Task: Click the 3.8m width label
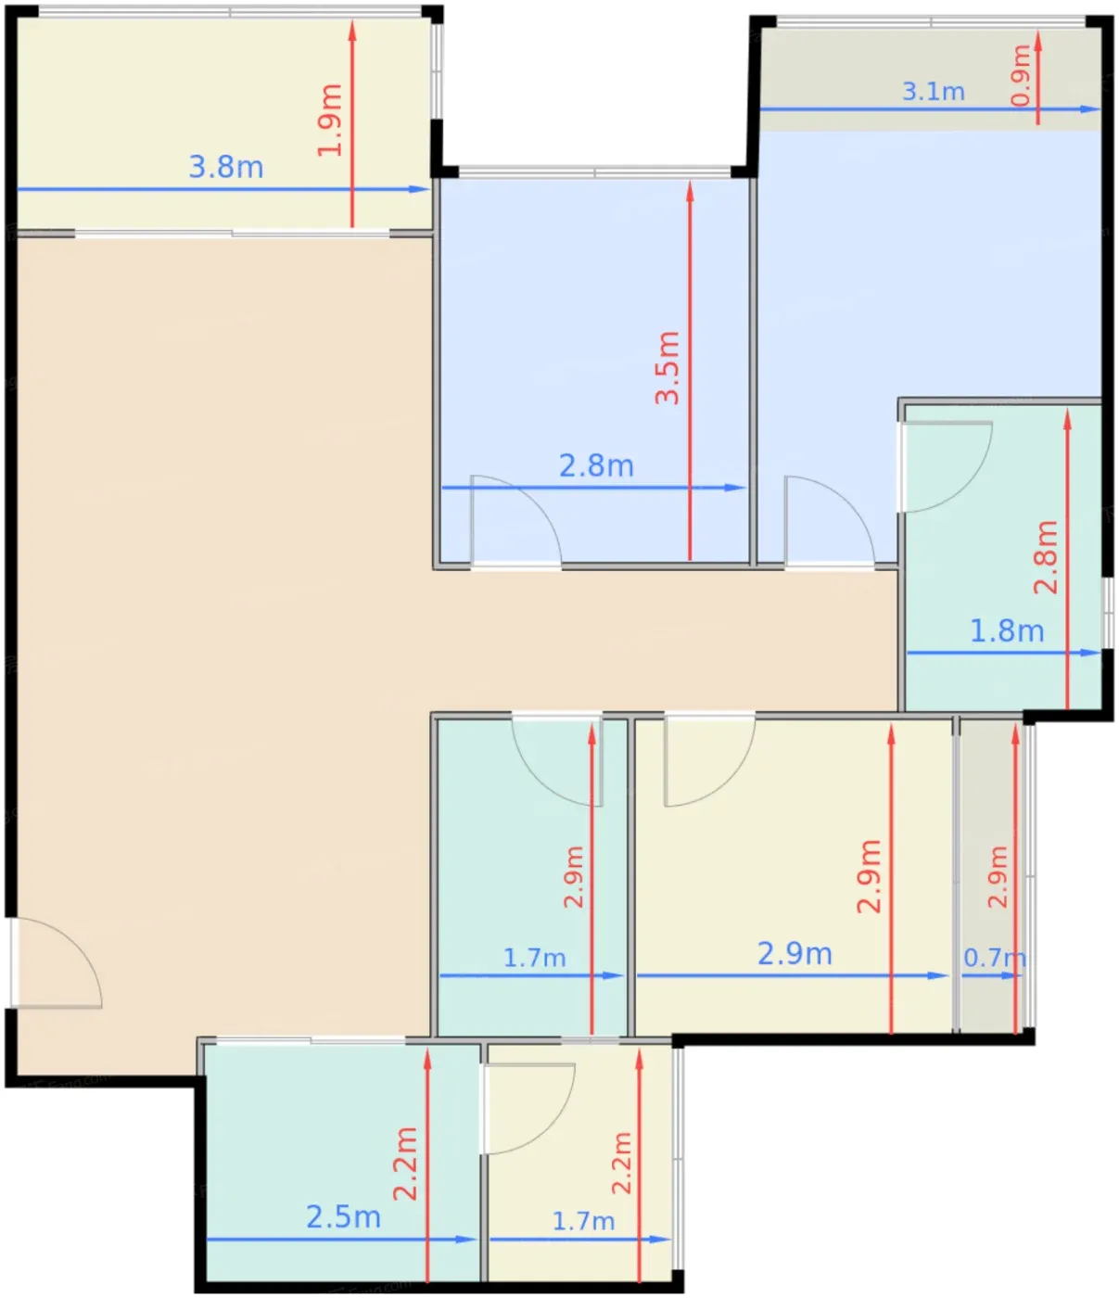[x=225, y=167]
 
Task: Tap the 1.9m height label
[x=329, y=120]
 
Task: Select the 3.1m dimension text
[x=934, y=92]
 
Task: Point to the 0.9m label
[x=1022, y=75]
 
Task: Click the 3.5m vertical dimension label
[x=667, y=367]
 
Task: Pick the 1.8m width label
[x=1007, y=631]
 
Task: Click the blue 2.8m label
[x=596, y=466]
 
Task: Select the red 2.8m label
[x=1046, y=557]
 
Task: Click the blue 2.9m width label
[x=795, y=954]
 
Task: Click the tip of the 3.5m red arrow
[x=690, y=182]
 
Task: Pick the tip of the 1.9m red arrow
[x=352, y=20]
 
